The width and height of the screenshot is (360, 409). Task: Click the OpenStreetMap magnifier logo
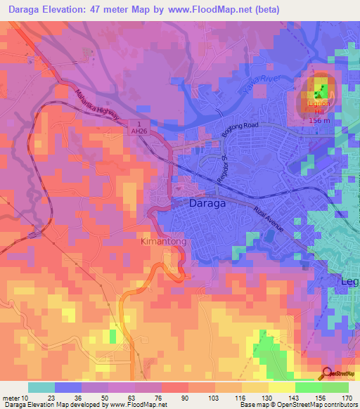[x=328, y=375]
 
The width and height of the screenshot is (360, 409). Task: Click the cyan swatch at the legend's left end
[x=41, y=387]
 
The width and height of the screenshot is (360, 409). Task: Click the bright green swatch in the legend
[x=309, y=387]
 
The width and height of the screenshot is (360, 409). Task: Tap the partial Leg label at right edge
[x=350, y=281]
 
